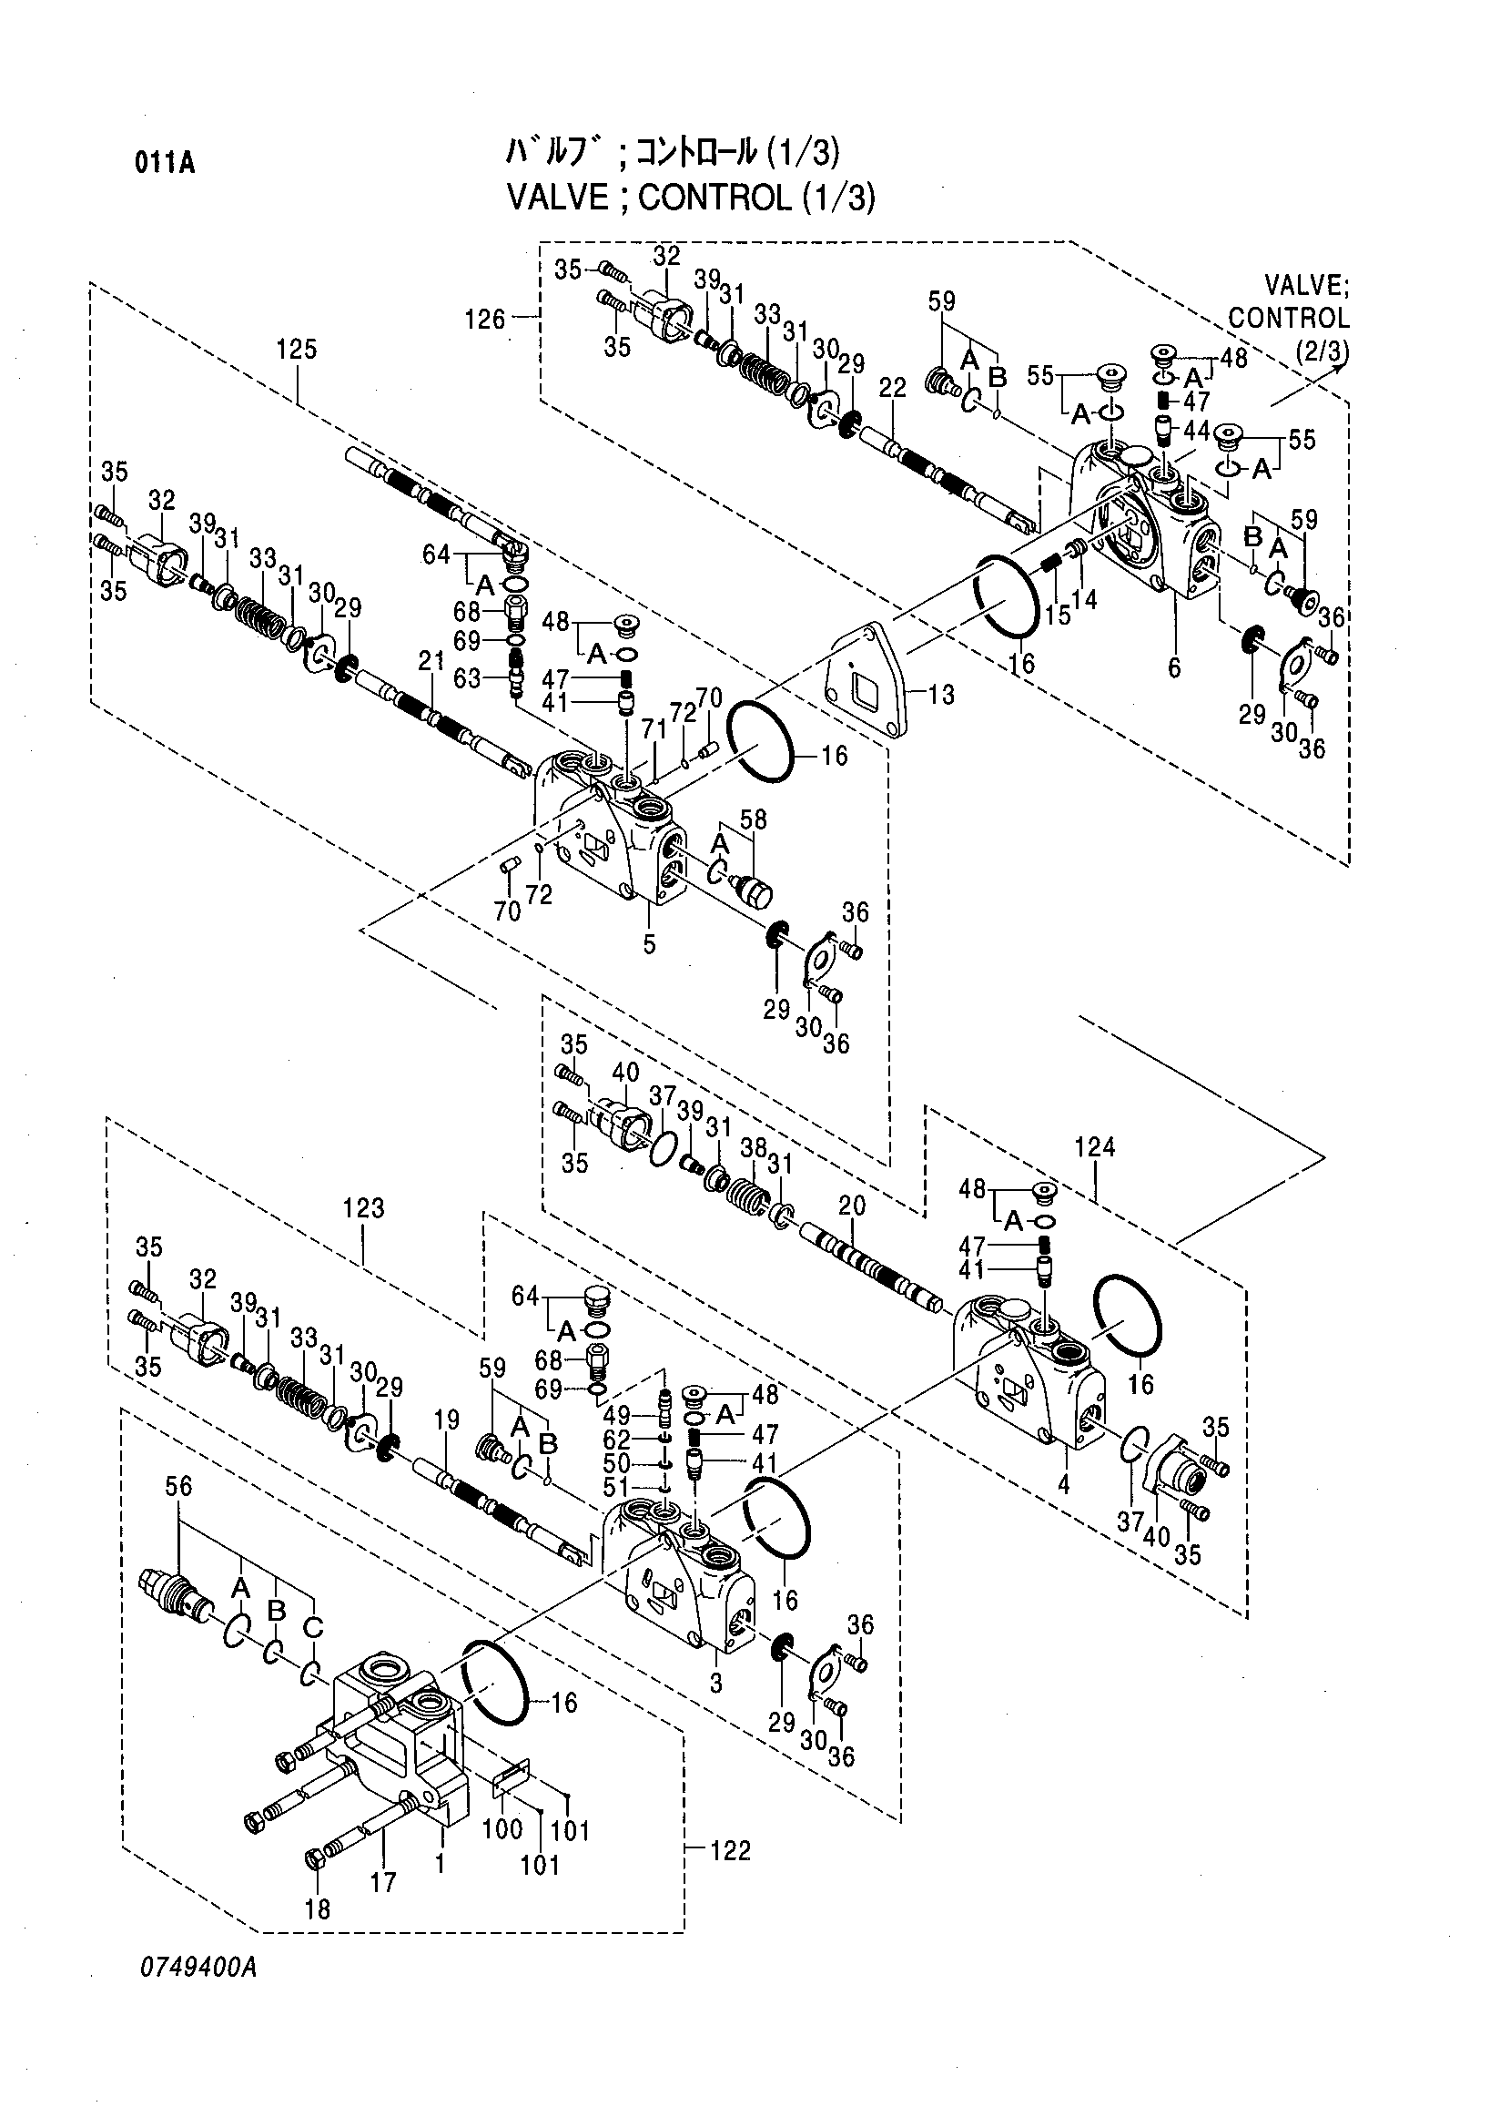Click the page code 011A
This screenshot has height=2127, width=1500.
pos(165,164)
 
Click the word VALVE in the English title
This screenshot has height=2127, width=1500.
pos(558,198)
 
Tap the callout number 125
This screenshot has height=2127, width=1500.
pos(297,350)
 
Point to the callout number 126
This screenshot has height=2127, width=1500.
pos(485,320)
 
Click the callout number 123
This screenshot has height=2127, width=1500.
pos(363,1208)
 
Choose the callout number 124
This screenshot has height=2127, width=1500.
pos(1094,1147)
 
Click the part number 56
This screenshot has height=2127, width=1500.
pos(178,1486)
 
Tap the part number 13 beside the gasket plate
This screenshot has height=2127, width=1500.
pos(941,694)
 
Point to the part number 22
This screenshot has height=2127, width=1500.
pos(892,389)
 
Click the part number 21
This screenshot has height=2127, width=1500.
pos(431,660)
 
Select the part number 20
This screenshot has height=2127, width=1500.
pos(852,1206)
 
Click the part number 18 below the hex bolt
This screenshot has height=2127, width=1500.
pos(318,1908)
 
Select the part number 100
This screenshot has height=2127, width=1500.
pos(502,1829)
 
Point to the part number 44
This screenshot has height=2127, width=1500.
pos(1196,430)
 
